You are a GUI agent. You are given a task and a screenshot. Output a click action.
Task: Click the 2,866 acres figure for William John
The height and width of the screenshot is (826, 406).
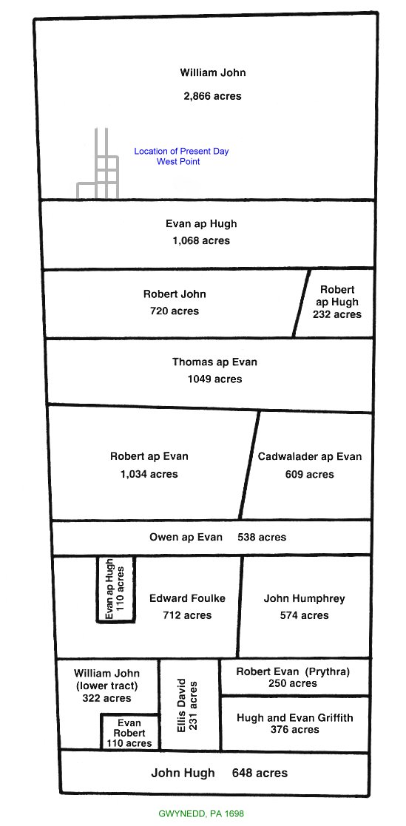[x=212, y=96]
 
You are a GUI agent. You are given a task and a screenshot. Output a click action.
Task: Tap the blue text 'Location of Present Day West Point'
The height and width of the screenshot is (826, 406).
[x=181, y=157]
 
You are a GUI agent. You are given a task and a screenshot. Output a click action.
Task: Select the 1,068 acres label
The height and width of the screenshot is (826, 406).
[x=201, y=240]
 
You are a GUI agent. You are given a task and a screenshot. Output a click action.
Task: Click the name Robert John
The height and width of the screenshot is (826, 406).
[x=175, y=294]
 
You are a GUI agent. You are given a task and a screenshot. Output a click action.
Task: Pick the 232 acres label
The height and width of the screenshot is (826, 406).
[x=336, y=314]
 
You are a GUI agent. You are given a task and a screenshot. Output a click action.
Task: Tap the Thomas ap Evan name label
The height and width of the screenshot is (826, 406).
[x=215, y=362]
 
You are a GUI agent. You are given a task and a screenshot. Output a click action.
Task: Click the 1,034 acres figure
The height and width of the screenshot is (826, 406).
[x=149, y=474]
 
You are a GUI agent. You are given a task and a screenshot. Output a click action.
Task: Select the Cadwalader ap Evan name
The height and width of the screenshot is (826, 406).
[x=310, y=457]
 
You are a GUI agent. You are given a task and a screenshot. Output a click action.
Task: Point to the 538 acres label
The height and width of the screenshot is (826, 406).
[x=262, y=538]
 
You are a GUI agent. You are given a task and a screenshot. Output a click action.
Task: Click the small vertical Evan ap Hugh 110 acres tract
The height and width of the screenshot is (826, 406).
[x=115, y=589]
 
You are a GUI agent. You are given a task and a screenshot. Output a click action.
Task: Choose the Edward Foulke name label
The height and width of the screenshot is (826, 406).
[x=187, y=598]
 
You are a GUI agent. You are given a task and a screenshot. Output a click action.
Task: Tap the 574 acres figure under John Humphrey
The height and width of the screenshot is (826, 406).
[x=304, y=615]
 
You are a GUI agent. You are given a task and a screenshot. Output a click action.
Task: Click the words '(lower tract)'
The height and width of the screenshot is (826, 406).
[x=107, y=686]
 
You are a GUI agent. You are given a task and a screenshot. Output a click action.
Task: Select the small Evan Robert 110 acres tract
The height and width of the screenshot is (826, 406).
[x=129, y=731]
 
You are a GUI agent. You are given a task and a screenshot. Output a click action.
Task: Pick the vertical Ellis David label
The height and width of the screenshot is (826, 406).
[x=182, y=705]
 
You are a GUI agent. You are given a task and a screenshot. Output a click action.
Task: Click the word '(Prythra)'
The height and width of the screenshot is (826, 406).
[x=329, y=671]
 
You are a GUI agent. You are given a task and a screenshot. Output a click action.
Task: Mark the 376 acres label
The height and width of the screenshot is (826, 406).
[x=295, y=730]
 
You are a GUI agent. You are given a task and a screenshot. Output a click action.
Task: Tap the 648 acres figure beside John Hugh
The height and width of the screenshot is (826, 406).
[x=260, y=773]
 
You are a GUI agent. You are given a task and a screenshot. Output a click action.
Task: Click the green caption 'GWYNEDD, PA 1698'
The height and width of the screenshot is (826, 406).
[x=201, y=814]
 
